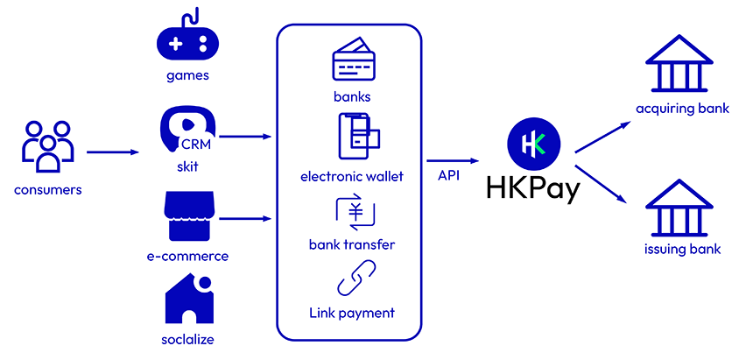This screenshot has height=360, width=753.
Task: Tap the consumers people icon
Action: tap(47, 146)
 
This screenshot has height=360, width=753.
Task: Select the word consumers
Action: tap(47, 190)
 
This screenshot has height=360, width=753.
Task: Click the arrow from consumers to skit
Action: tap(112, 152)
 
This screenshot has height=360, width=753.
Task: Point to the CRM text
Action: tap(196, 145)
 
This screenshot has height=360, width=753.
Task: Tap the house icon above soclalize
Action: tap(189, 300)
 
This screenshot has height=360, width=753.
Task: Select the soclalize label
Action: tap(187, 339)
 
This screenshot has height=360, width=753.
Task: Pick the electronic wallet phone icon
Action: tap(358, 136)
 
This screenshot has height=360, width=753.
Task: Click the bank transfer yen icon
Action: tap(355, 212)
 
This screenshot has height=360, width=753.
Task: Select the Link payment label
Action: tap(352, 314)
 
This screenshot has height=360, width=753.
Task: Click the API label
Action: tap(449, 175)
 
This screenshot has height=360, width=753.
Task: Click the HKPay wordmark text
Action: tap(533, 189)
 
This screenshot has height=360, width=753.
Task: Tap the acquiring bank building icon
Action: tap(679, 63)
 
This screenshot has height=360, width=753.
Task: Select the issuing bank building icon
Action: tap(679, 208)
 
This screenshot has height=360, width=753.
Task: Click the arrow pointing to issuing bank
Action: tap(602, 185)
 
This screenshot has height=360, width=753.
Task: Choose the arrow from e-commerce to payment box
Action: tap(245, 219)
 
